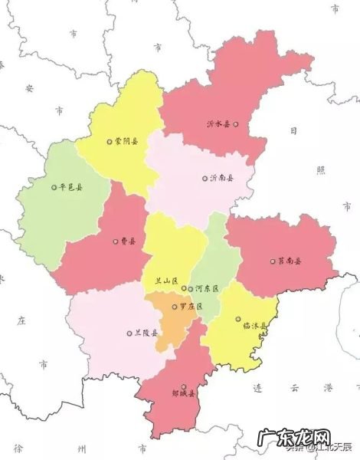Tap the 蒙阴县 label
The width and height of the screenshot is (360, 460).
[126, 141]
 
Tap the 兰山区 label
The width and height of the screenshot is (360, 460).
[165, 281]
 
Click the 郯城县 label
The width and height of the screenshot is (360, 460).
[182, 396]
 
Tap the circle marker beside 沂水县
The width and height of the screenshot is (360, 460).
[237, 123]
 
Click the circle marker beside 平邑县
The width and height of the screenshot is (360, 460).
[54, 186]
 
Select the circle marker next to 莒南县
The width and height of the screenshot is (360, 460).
[271, 261]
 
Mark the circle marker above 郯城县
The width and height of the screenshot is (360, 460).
[182, 386]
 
